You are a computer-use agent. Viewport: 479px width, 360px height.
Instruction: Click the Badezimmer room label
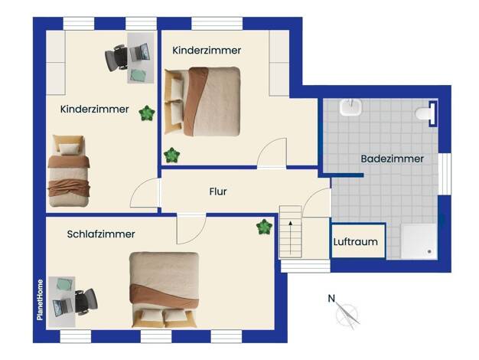(x=393, y=159)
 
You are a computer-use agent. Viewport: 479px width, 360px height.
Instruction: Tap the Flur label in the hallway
(x=218, y=191)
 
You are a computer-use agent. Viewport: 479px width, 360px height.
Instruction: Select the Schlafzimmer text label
(x=101, y=234)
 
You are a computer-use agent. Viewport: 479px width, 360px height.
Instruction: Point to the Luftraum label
(x=356, y=241)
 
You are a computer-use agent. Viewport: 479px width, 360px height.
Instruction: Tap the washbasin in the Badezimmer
(x=350, y=107)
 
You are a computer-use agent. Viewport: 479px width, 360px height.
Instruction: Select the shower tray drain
(x=429, y=251)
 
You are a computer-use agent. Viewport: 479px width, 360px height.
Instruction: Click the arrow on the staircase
(x=291, y=237)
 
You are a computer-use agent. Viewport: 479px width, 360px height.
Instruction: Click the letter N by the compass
(x=331, y=298)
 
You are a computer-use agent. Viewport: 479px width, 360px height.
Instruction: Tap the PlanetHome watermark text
(x=40, y=299)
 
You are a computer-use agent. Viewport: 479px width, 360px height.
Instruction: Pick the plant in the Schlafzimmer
(x=264, y=227)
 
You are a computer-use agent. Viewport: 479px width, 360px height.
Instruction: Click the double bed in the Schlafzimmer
(x=165, y=290)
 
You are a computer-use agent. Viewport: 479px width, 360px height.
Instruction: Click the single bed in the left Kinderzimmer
(x=69, y=171)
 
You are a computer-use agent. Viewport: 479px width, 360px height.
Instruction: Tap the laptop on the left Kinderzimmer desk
(x=140, y=52)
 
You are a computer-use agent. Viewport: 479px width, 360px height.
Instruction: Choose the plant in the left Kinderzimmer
(x=147, y=113)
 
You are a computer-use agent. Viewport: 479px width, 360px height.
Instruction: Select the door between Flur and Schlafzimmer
(x=191, y=229)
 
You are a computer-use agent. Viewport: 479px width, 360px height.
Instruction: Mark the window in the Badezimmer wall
(x=445, y=174)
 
